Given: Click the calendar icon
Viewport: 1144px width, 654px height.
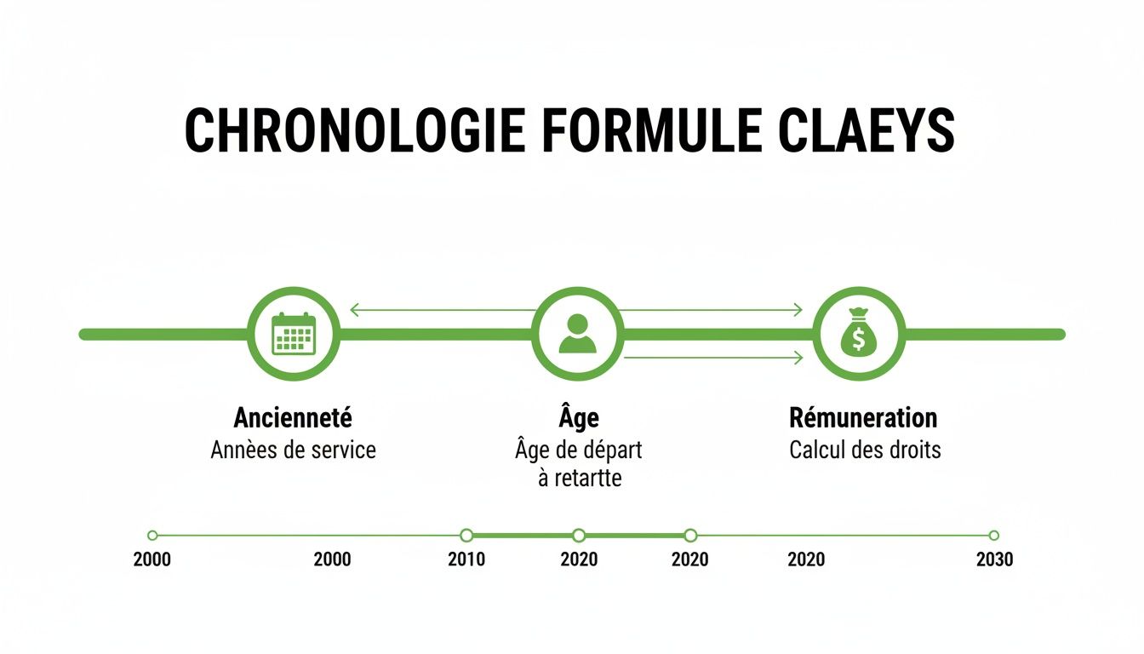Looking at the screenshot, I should [294, 334].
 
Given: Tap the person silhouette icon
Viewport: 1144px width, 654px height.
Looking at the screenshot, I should [578, 334].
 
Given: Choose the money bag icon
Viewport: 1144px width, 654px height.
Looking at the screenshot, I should [859, 333].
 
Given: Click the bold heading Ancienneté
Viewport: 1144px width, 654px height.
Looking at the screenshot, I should [293, 418].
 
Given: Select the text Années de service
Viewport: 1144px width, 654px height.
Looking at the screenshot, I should [293, 450].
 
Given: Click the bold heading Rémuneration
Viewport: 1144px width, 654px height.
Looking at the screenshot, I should [863, 418].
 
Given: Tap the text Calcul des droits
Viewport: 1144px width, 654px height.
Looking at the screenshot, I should [865, 450].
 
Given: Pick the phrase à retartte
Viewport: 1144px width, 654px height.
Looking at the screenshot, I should [580, 478].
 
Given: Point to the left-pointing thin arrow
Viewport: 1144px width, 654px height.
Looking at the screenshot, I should [443, 310].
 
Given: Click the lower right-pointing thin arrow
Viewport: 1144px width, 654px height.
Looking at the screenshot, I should [713, 359].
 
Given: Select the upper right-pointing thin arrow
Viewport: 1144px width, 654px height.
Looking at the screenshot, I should [711, 310].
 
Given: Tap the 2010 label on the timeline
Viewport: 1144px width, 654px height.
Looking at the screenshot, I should [466, 559].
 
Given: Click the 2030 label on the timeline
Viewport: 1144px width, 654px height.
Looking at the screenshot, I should [994, 559].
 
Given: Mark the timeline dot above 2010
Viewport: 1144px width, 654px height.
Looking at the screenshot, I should [466, 536].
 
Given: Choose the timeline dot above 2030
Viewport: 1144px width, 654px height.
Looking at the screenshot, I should [993, 536].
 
